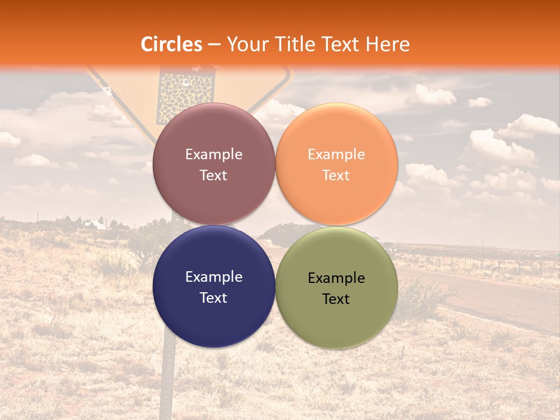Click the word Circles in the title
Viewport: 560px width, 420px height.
point(171,44)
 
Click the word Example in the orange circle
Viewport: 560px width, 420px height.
point(336,155)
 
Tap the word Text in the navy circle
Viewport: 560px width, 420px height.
point(213,298)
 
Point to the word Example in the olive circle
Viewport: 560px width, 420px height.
point(336,278)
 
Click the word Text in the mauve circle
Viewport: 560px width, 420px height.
point(213,176)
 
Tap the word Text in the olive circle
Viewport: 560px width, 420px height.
point(336,299)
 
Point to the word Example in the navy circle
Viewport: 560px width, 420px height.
point(213,277)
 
